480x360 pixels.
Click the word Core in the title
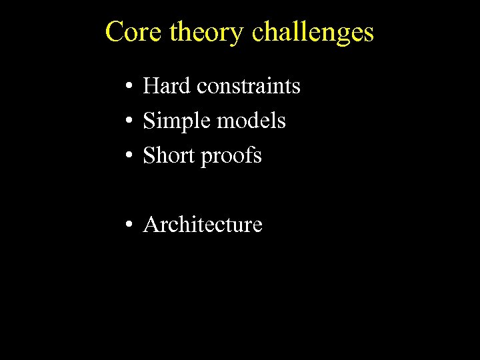coord(134,32)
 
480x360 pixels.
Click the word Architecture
coord(203,225)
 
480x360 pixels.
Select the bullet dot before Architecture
coord(127,225)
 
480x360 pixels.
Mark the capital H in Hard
coord(150,86)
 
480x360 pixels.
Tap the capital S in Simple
coord(149,121)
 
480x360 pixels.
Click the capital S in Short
coord(149,155)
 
